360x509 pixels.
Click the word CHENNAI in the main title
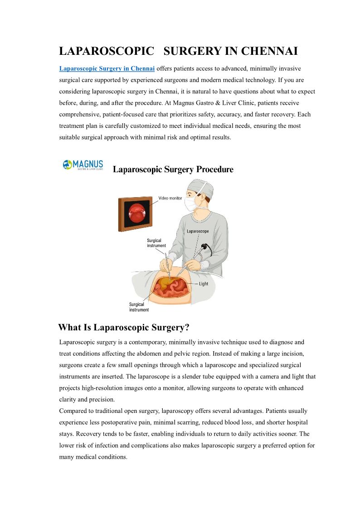[269, 51]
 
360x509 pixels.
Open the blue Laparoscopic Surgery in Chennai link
[107, 68]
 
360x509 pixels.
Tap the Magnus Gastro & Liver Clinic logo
[83, 165]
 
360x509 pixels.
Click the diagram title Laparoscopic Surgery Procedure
[173, 170]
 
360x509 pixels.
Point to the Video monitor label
[170, 198]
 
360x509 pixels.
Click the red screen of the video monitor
[136, 213]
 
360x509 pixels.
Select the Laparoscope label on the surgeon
[198, 231]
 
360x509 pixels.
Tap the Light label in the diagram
[204, 284]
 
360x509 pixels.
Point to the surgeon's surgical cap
[199, 185]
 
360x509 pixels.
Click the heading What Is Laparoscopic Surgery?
[124, 327]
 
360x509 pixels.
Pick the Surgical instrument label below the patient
[139, 307]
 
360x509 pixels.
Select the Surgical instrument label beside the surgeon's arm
[156, 243]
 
